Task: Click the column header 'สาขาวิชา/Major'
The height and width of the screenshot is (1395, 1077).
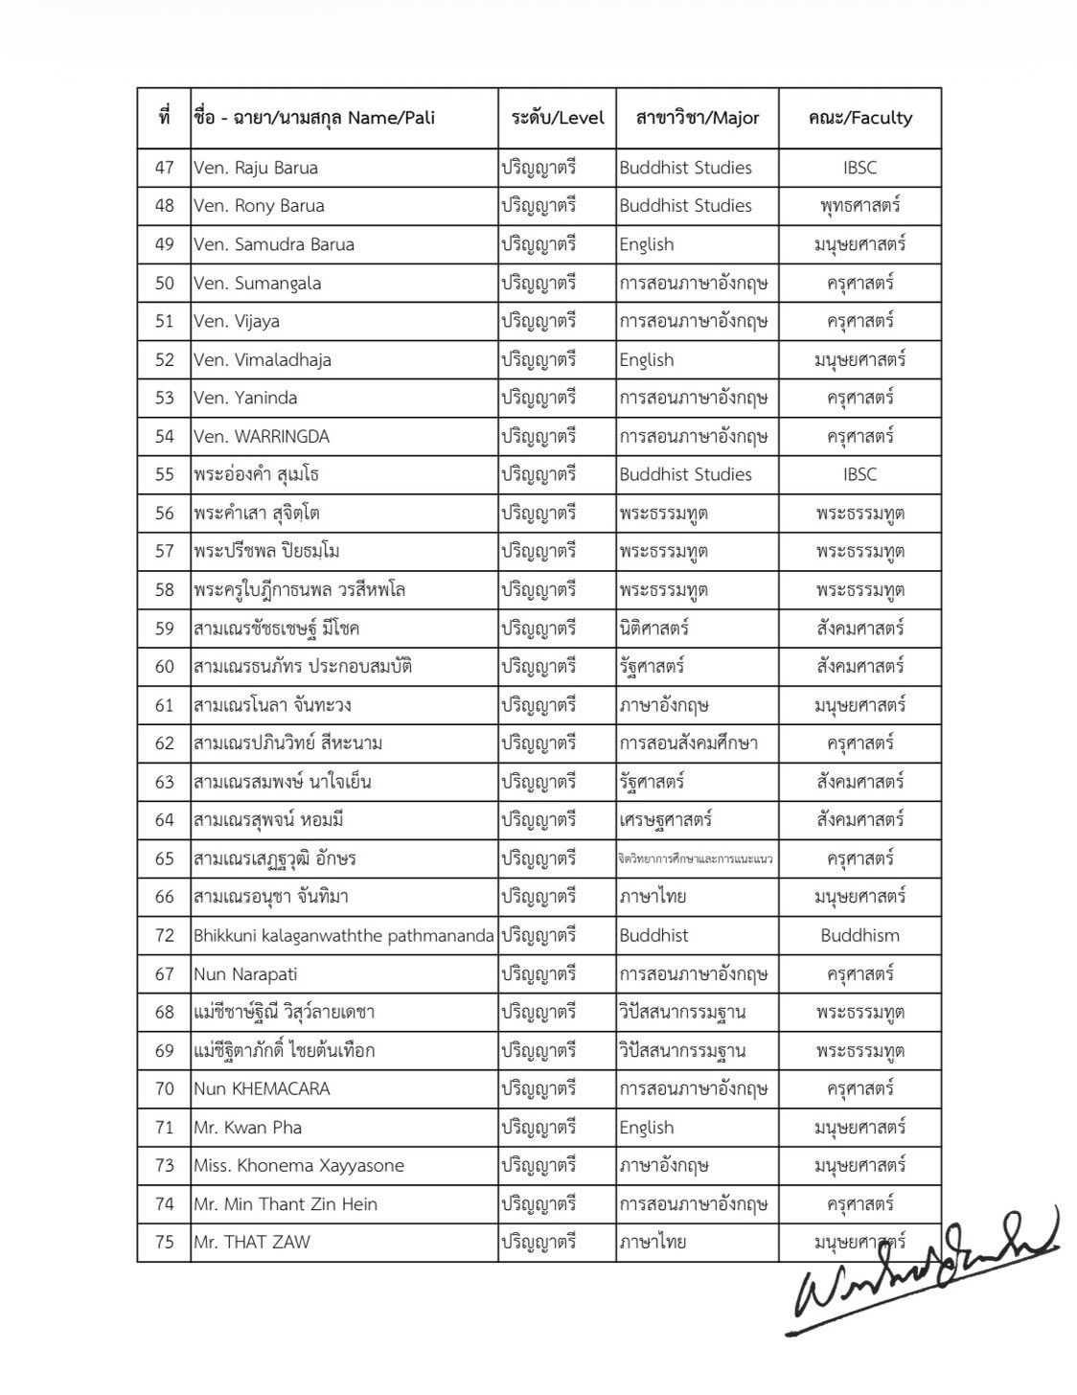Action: coord(697,118)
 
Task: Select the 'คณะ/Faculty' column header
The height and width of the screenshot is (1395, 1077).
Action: coord(859,118)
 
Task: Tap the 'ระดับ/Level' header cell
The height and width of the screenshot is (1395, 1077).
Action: coord(557,118)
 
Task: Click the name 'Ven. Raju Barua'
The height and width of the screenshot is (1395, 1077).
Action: coord(256,168)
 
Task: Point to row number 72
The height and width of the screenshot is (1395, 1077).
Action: coord(165,935)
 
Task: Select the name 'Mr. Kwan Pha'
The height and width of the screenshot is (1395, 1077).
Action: coord(248,1128)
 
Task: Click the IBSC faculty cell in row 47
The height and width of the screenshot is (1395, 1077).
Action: coord(859,168)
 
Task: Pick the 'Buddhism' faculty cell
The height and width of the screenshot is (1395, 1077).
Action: coord(859,935)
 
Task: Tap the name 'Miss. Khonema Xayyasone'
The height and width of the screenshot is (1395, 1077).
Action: coord(299,1166)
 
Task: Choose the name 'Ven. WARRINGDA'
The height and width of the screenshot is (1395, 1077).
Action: coord(262,437)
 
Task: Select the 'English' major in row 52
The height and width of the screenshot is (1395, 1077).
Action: coord(647,360)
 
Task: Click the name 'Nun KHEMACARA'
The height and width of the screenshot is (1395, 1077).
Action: coord(262,1089)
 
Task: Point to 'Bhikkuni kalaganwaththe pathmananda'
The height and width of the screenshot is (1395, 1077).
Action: coord(344,935)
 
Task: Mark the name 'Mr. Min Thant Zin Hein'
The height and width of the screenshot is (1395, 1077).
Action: coord(286,1204)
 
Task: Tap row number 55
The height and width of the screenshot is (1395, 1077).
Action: coord(165,475)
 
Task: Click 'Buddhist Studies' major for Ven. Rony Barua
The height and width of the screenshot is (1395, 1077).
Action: coord(685,206)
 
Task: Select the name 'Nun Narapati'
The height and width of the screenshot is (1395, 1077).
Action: coord(245,974)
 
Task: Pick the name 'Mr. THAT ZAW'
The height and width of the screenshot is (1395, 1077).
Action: coord(252,1243)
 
